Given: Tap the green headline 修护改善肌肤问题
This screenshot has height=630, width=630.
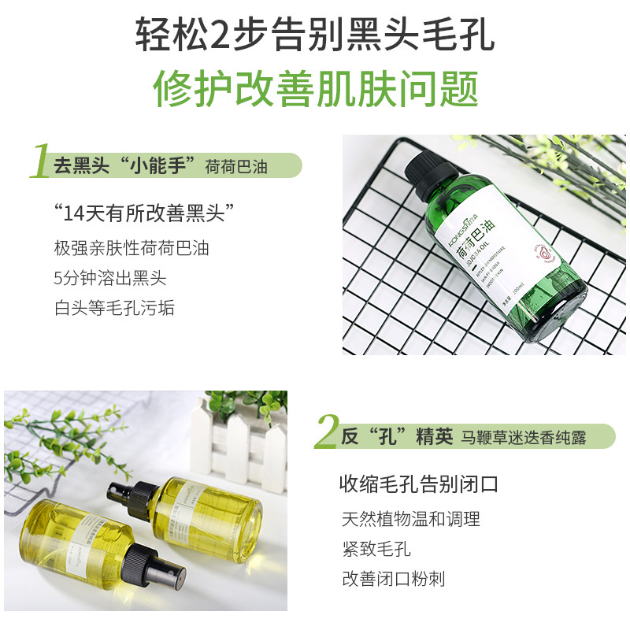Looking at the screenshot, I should click(315, 88).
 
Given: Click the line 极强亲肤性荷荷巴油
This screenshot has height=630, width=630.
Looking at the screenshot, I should click(132, 248).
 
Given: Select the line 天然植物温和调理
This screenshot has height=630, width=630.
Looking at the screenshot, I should click(410, 519).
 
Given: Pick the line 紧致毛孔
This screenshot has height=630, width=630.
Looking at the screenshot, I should click(376, 549).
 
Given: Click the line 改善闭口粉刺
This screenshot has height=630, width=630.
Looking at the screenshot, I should click(393, 579).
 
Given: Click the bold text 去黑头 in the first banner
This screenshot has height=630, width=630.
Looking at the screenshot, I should click(78, 166).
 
